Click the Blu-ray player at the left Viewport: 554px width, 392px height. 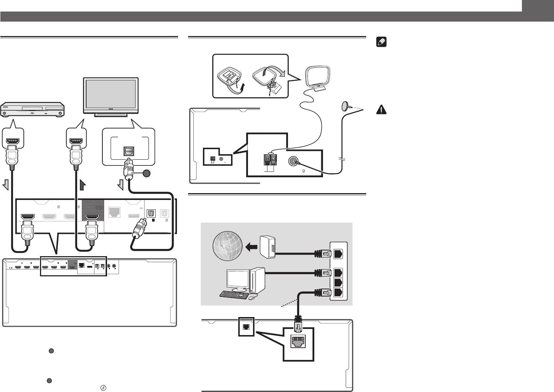32,110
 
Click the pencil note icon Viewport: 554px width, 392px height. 381,43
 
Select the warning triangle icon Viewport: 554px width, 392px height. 381,110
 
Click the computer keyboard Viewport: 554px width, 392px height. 234,294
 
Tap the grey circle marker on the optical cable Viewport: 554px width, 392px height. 146,174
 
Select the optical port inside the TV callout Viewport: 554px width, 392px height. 129,150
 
